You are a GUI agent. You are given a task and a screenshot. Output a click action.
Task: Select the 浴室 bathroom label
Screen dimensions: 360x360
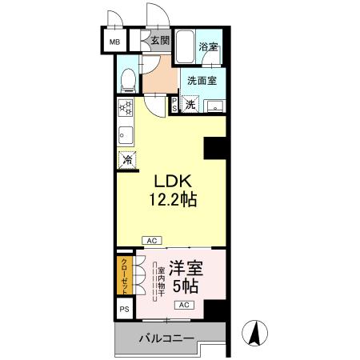coord(208,47)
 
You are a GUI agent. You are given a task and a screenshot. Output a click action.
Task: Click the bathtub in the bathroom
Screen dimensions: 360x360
coord(185,49)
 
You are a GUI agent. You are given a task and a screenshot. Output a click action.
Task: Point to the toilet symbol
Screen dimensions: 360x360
coord(127,78)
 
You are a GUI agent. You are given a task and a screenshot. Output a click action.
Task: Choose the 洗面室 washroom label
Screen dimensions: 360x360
coord(202,80)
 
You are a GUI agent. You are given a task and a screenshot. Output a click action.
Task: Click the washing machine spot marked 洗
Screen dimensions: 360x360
coord(190,104)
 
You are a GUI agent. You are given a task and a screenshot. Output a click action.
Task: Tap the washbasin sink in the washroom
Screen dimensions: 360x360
coord(214,106)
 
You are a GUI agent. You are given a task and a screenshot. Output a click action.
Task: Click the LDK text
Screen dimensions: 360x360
coord(166,181)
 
